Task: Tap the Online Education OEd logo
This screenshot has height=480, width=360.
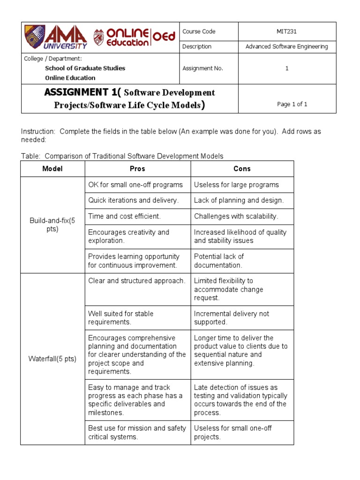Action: coord(135,37)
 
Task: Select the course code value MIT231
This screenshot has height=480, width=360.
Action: coord(287,31)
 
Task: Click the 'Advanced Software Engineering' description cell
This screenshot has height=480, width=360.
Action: coord(287,46)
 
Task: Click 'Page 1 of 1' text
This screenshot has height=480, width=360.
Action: coord(292,105)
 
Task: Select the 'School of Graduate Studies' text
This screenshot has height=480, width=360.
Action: coord(85,68)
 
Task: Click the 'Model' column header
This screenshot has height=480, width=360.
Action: coord(52,169)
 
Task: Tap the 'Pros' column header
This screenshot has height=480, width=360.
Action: coord(137,169)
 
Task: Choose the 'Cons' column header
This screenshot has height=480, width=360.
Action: coord(242,169)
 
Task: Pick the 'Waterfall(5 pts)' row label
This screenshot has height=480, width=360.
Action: coord(52,359)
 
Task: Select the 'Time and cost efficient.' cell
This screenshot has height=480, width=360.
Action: coord(124,216)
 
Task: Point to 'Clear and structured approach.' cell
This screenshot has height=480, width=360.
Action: coord(137,281)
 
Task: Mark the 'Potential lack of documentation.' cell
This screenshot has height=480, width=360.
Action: coord(219,261)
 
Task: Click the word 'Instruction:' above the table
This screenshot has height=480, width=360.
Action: coord(38,132)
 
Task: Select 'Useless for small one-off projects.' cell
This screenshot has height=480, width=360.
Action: coord(232,432)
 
